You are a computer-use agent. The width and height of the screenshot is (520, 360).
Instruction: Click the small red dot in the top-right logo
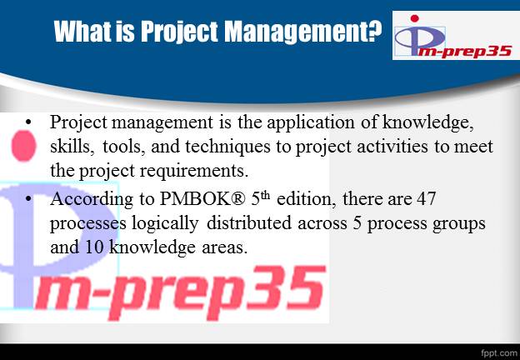(x=414, y=18)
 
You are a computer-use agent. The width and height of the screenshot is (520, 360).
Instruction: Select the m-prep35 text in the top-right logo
(x=464, y=52)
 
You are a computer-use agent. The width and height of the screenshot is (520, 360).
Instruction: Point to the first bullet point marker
(x=28, y=122)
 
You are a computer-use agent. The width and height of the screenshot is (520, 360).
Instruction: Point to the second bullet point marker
(x=28, y=199)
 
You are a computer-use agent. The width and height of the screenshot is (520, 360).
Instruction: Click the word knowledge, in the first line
(x=427, y=122)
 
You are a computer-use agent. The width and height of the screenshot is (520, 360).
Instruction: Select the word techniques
(x=227, y=147)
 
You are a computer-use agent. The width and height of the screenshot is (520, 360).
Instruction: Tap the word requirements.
(x=194, y=172)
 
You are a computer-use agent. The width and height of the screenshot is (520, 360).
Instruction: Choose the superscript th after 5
(x=265, y=196)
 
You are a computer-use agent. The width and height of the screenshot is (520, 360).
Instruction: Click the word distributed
(x=249, y=222)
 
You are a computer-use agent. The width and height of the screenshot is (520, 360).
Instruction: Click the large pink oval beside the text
(x=24, y=146)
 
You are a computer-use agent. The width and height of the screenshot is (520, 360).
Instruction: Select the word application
(x=311, y=123)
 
